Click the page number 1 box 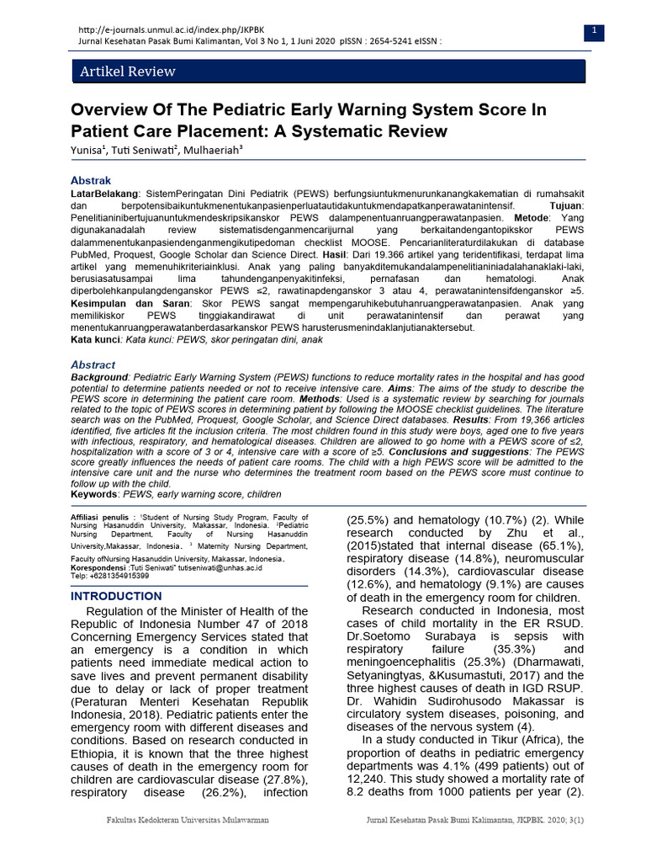[x=594, y=31]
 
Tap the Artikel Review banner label [x=127, y=72]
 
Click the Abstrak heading [x=90, y=180]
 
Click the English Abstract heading [x=93, y=364]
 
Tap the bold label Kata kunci [x=96, y=339]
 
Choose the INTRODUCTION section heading [x=116, y=596]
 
